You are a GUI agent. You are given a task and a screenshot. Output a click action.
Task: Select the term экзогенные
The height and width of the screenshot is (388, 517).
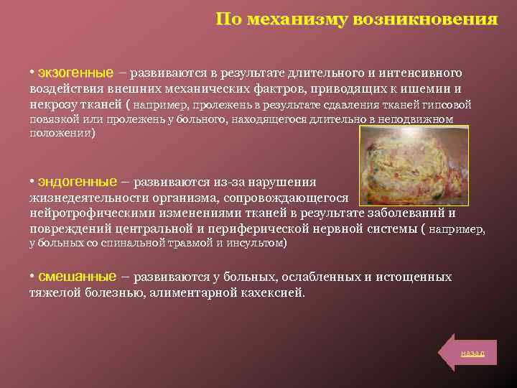[x=75, y=73]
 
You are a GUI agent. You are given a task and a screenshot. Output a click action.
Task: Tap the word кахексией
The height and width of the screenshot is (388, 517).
[x=274, y=293]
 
